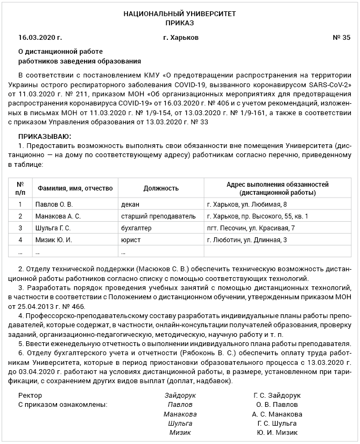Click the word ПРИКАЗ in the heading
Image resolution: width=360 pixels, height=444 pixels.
(x=180, y=23)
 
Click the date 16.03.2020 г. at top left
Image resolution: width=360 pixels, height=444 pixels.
(x=40, y=38)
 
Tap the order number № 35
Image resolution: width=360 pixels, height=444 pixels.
(x=341, y=38)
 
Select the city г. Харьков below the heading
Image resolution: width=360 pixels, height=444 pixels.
(x=180, y=38)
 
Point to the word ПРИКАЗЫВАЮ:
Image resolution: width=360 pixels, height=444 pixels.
(x=45, y=138)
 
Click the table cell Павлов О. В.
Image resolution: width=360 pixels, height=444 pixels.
(x=54, y=205)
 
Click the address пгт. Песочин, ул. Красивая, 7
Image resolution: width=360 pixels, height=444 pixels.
(x=251, y=228)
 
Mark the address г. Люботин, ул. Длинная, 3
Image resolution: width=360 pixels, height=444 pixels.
(x=247, y=239)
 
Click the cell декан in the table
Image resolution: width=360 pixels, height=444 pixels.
(x=130, y=205)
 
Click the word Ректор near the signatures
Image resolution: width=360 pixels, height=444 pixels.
(x=30, y=395)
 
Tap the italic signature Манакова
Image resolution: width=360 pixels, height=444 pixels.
(x=180, y=414)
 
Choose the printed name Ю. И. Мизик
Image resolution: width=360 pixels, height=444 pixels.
(x=277, y=433)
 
